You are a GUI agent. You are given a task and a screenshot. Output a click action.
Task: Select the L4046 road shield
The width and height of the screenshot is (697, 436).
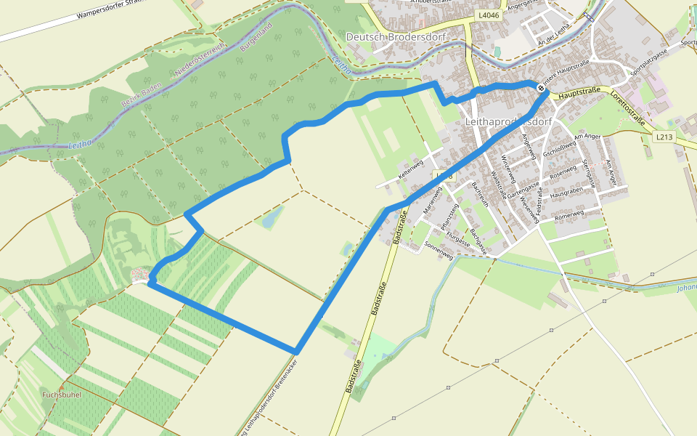pos(488,15)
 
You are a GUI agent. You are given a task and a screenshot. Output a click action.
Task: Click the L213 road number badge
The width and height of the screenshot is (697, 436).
pos(664,136)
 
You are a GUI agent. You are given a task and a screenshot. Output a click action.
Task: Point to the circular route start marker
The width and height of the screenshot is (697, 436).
pos(541,88)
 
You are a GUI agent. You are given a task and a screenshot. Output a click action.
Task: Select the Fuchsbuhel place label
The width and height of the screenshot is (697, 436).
pos(61,394)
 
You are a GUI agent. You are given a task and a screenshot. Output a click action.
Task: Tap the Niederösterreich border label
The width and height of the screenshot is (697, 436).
pos(199,61)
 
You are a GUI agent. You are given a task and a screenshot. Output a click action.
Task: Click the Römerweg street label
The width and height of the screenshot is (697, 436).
pos(568,216)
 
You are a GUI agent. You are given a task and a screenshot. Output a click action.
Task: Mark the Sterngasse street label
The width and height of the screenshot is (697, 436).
pos(590,175)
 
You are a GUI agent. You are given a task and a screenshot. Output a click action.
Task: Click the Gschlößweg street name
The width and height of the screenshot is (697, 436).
pos(559,149)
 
